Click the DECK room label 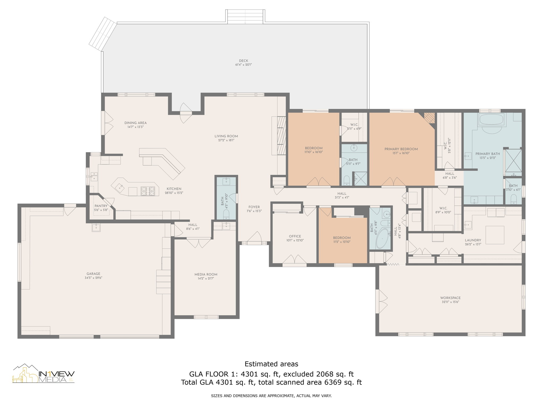pyautogui.click(x=243, y=61)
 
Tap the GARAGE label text pyautogui.click(x=93, y=274)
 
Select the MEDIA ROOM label pyautogui.click(x=206, y=275)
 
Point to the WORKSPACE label pyautogui.click(x=450, y=298)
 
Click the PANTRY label pyautogui.click(x=101, y=206)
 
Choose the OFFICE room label pyautogui.click(x=295, y=236)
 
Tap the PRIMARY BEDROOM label pyautogui.click(x=401, y=149)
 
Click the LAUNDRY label pyautogui.click(x=473, y=240)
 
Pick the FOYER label pyautogui.click(x=254, y=207)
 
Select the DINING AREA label pyautogui.click(x=135, y=123)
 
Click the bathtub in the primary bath pyautogui.click(x=491, y=119)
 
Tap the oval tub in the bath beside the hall pyautogui.click(x=382, y=238)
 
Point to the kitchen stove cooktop pyautogui.click(x=148, y=191)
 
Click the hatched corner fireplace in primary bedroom pyautogui.click(x=430, y=118)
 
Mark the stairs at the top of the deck pyautogui.click(x=246, y=16)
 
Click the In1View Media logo pyautogui.click(x=43, y=374)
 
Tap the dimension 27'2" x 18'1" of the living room pyautogui.click(x=226, y=140)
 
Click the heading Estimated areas pyautogui.click(x=271, y=364)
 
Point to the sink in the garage pyautogui.click(x=96, y=227)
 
